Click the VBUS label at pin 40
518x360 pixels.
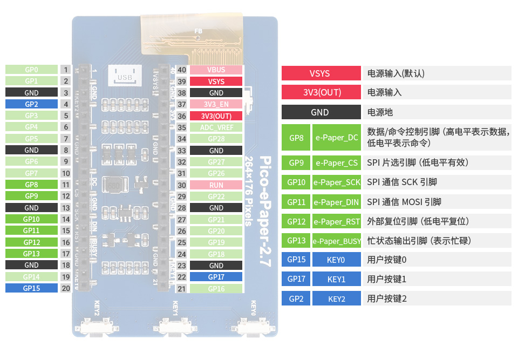pyautogui.click(x=216, y=70)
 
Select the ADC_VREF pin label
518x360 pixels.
pyautogui.click(x=216, y=127)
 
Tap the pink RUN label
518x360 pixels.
pyautogui.click(x=216, y=185)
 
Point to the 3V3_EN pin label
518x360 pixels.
pyautogui.click(x=216, y=104)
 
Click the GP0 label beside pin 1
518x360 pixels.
pyautogui.click(x=31, y=70)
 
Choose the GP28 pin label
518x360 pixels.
pyautogui.click(x=216, y=139)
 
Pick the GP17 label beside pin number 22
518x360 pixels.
pyautogui.click(x=216, y=277)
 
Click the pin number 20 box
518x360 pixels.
pyautogui.click(x=66, y=288)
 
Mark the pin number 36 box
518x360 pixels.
pyautogui.click(x=182, y=116)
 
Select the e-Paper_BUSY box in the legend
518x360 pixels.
pyautogui.click(x=337, y=241)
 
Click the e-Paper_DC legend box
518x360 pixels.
pyautogui.click(x=337, y=138)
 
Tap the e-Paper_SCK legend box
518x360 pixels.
pyautogui.click(x=337, y=182)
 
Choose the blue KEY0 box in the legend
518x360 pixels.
pyautogui.click(x=336, y=260)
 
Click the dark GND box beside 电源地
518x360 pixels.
pyautogui.click(x=320, y=112)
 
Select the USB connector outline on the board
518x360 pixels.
pyautogui.click(x=125, y=76)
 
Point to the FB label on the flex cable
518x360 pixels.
pyautogui.click(x=198, y=31)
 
